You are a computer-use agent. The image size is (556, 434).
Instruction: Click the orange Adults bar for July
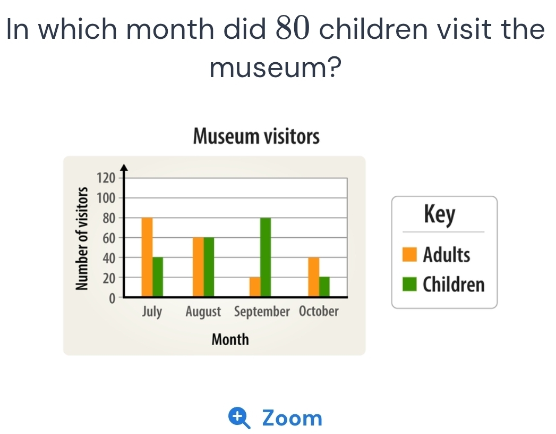point(147,257)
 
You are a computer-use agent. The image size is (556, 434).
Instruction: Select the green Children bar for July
point(158,277)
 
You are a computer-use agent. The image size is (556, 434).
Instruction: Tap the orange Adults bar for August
point(198,267)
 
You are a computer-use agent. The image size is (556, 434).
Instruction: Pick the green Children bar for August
point(209,267)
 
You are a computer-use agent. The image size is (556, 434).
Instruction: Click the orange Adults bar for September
point(255,287)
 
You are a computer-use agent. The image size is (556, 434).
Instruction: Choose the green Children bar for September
point(266,257)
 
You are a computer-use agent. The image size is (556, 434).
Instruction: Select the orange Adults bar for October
point(314,277)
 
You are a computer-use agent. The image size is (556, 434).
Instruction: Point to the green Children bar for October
point(324,287)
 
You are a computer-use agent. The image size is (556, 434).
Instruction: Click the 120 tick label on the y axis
point(106,178)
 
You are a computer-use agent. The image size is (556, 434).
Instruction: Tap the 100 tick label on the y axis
point(106,198)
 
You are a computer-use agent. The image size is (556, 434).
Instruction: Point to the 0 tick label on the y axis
point(112,299)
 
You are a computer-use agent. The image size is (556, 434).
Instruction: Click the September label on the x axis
point(262,312)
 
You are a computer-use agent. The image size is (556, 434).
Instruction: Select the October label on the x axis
point(319,311)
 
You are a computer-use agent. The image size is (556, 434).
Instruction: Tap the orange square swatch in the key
point(409,254)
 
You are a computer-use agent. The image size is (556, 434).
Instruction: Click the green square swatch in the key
point(409,284)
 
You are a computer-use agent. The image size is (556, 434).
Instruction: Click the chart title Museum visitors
point(256,136)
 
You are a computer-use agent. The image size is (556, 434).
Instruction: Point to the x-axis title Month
point(230,339)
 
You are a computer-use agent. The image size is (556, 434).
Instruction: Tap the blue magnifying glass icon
point(239,418)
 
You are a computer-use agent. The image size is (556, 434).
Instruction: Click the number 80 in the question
point(293,28)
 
